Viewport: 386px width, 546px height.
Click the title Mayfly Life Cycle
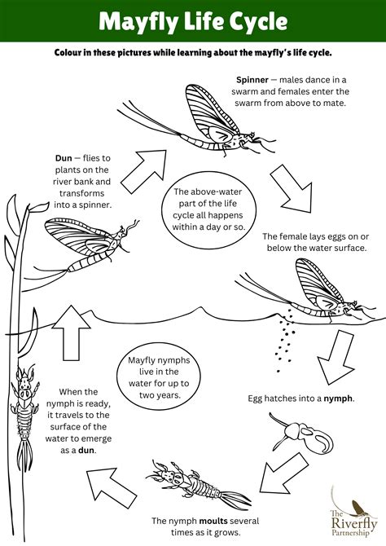[192, 21]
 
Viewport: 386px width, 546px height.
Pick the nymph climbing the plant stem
[24, 399]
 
